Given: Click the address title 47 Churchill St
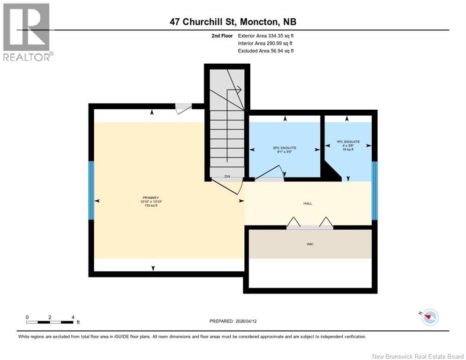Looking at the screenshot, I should (233, 22).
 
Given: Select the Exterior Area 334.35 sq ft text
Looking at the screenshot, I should (266, 36).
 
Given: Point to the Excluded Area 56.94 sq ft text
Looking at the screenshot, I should (266, 51).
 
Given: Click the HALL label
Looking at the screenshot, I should (308, 203).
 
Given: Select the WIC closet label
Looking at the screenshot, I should (309, 244).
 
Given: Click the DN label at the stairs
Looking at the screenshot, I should (227, 177).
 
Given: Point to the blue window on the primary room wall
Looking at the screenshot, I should (91, 190).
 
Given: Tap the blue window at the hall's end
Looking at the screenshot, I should (374, 190).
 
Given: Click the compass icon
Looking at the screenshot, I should (429, 317).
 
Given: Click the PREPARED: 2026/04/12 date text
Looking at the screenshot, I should (233, 321).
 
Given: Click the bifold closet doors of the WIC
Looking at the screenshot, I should (309, 224).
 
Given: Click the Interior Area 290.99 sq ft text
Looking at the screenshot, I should (266, 43).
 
